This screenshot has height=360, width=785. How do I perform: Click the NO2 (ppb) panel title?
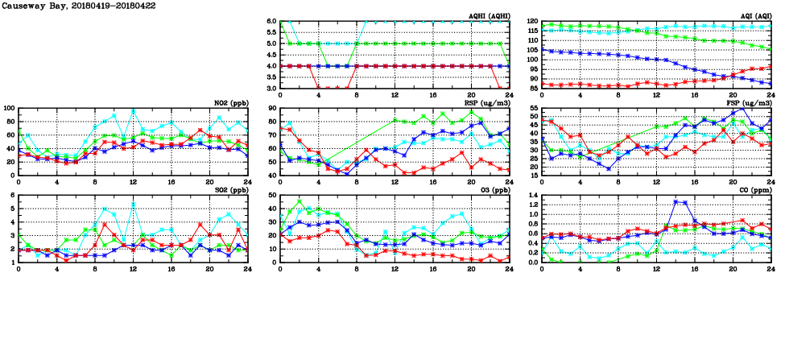(x=228, y=103)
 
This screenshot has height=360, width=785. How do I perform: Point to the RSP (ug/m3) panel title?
(x=486, y=103)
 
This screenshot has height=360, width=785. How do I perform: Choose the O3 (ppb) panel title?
(x=493, y=190)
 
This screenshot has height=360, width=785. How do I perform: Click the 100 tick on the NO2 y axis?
(x=8, y=108)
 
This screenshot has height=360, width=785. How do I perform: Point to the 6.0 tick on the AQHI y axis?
(x=271, y=21)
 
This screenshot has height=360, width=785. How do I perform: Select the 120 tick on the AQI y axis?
(x=531, y=21)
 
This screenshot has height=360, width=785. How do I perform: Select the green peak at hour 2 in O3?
(x=300, y=201)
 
